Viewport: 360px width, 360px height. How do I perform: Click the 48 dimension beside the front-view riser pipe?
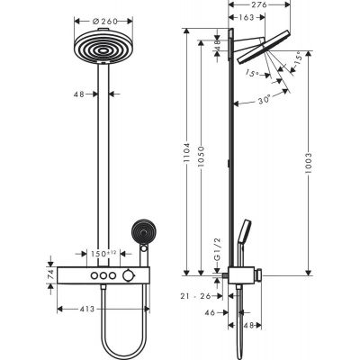(80, 92)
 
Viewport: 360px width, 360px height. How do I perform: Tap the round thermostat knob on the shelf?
(133, 274)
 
